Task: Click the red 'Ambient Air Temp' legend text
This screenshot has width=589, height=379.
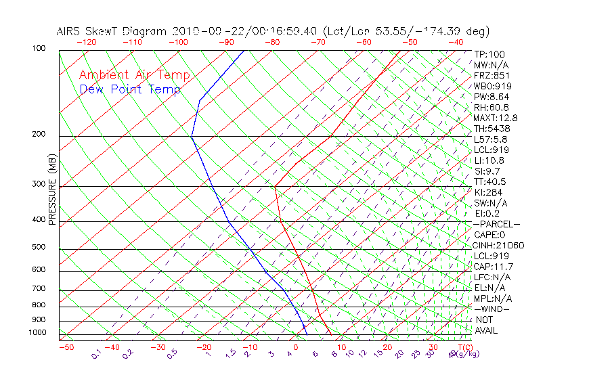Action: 134,75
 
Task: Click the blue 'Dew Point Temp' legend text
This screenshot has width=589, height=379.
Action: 129,89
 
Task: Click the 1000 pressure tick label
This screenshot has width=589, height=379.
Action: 38,332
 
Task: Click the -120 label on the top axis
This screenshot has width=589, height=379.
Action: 86,42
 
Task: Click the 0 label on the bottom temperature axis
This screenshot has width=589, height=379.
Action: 296,347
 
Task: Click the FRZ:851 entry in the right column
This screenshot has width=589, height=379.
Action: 491,76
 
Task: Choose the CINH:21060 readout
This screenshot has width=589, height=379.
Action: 498,245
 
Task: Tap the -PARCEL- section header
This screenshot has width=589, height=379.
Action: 496,224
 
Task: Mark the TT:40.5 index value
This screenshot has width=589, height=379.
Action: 490,181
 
